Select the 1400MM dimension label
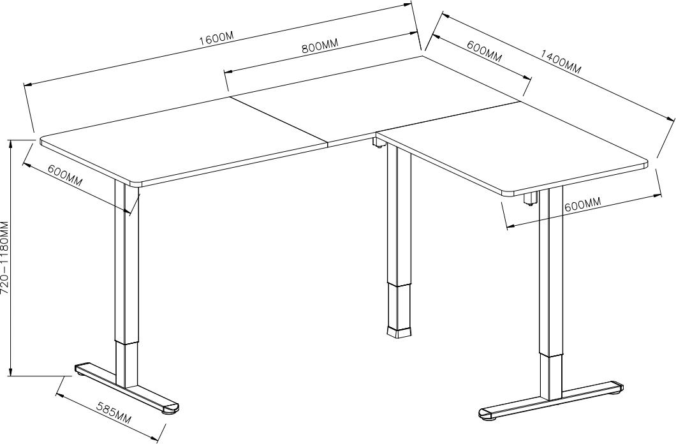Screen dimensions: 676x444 click(x=561, y=62)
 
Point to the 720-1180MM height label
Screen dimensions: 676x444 click(x=4, y=257)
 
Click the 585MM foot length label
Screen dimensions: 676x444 click(x=114, y=413)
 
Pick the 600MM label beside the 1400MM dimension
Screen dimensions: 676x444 click(x=484, y=51)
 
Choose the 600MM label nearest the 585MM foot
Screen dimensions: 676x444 click(x=64, y=175)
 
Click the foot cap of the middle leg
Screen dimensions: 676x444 click(x=399, y=332)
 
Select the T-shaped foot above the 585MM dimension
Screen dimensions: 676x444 click(x=126, y=388)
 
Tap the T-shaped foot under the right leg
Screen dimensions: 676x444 click(x=551, y=400)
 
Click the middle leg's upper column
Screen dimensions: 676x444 click(x=399, y=214)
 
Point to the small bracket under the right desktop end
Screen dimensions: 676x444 click(x=531, y=198)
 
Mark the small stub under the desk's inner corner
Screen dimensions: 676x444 click(x=378, y=143)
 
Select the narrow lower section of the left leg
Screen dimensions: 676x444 click(x=127, y=365)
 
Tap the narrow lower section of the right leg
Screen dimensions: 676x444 click(x=552, y=377)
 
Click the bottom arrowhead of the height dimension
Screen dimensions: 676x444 click(x=11, y=371)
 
